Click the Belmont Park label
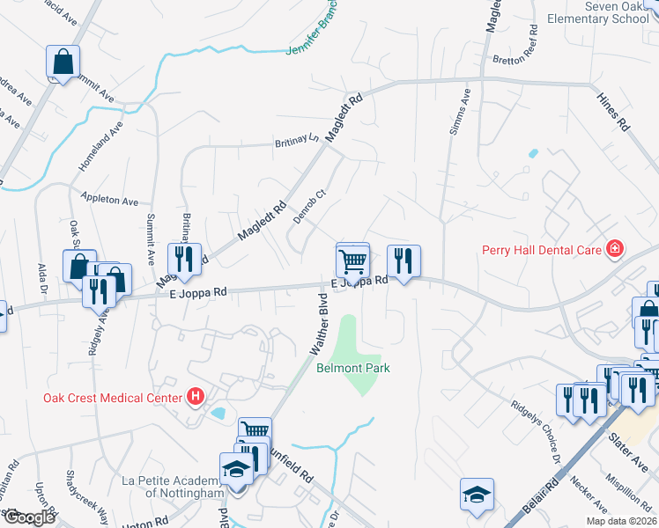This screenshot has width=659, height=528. (352, 368)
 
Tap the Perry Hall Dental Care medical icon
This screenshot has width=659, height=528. (614, 250)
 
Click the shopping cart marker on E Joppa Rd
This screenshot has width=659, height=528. (352, 260)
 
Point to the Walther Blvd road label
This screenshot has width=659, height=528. (319, 326)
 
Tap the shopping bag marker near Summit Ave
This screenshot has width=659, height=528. (63, 63)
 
